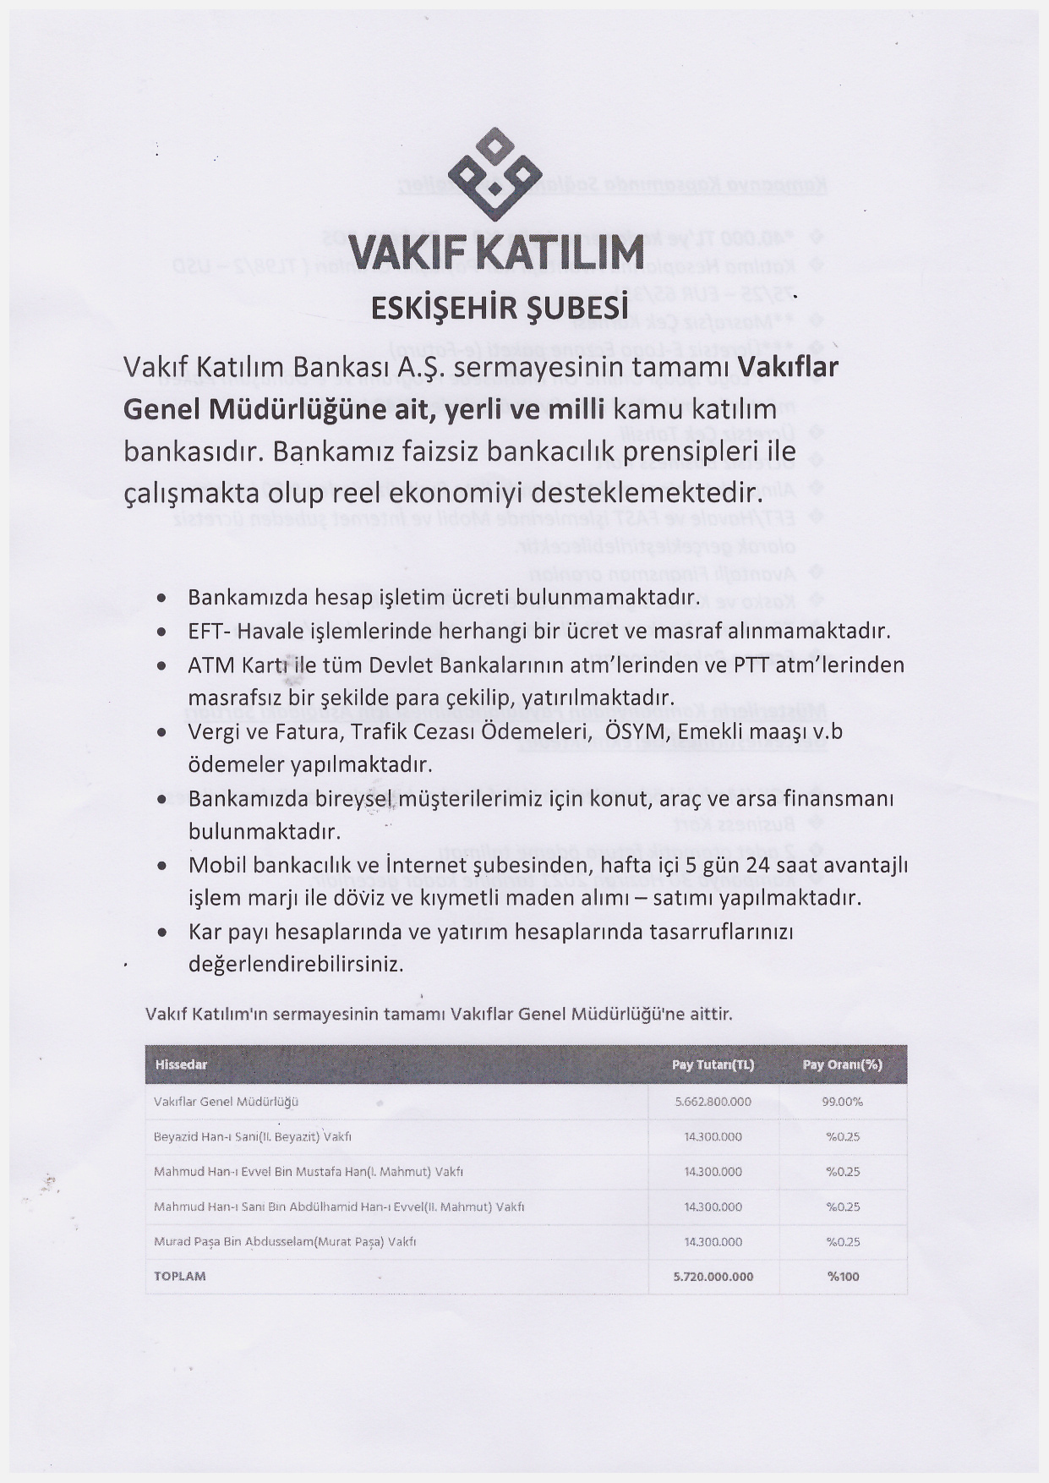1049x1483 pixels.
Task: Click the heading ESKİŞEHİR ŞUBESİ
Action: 501,308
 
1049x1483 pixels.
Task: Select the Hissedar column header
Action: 181,1064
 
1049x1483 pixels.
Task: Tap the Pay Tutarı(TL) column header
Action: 713,1064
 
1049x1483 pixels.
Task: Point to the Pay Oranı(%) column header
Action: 842,1064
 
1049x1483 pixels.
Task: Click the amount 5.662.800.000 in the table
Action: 713,1102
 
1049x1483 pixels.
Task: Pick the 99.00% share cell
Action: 842,1102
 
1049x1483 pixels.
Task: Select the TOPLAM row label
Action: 180,1276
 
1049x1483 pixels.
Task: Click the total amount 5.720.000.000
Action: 713,1277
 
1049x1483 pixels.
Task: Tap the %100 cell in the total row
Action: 843,1277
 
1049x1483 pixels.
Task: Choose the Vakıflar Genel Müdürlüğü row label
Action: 226,1102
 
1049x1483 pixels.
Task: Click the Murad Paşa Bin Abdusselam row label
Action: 285,1242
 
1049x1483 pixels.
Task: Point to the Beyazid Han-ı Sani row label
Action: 253,1137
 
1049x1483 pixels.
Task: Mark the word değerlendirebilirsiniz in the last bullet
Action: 295,964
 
